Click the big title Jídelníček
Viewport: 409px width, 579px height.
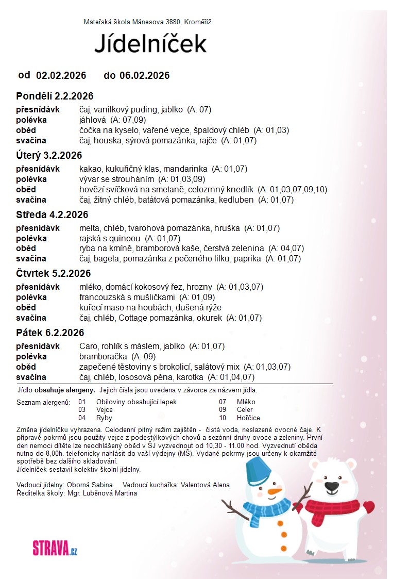tap(150, 44)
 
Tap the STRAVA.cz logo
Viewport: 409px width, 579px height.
tap(55, 547)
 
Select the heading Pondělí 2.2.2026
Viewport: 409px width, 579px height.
tap(55, 96)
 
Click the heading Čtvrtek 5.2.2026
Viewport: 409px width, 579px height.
tap(54, 273)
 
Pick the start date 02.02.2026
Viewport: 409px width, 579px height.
tap(61, 76)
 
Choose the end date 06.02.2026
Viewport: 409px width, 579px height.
tap(144, 76)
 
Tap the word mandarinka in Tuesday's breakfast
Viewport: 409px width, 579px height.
tap(188, 169)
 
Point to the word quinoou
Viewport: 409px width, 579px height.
tap(127, 238)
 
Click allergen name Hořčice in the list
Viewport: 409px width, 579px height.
tap(248, 418)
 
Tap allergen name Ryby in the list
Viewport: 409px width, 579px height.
tap(104, 418)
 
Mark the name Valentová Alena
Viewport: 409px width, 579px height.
tap(205, 485)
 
